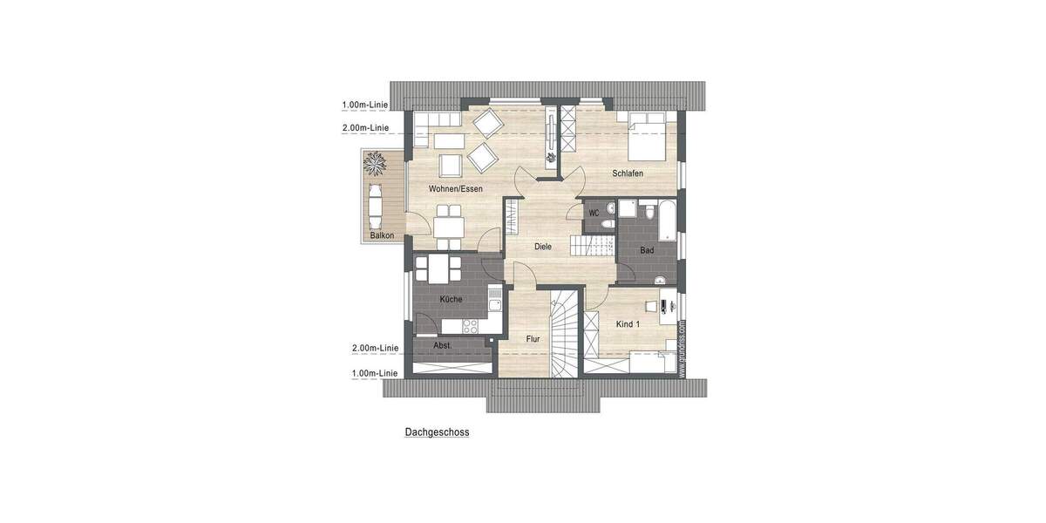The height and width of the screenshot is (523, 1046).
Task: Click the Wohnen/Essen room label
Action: (455, 188)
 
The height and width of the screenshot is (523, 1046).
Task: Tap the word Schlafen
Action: (628, 173)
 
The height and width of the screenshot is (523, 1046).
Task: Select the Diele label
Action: (542, 247)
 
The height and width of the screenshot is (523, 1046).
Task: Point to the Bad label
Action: (647, 250)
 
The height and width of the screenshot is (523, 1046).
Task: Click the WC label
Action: (594, 212)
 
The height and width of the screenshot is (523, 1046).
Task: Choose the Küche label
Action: (451, 299)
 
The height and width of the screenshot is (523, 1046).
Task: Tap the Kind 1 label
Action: (628, 324)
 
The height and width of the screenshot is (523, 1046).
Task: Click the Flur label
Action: (533, 338)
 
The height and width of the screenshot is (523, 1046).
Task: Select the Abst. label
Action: (442, 345)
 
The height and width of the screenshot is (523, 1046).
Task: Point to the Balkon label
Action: (382, 235)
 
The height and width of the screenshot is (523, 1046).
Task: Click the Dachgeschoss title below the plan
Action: (437, 431)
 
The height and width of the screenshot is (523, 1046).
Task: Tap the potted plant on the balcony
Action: (377, 163)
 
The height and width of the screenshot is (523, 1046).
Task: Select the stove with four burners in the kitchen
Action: (470, 327)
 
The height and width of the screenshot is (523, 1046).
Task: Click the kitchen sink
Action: (494, 305)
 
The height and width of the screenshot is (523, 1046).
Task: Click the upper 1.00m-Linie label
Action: (365, 105)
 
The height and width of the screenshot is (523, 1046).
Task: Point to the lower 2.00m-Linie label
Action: (375, 348)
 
